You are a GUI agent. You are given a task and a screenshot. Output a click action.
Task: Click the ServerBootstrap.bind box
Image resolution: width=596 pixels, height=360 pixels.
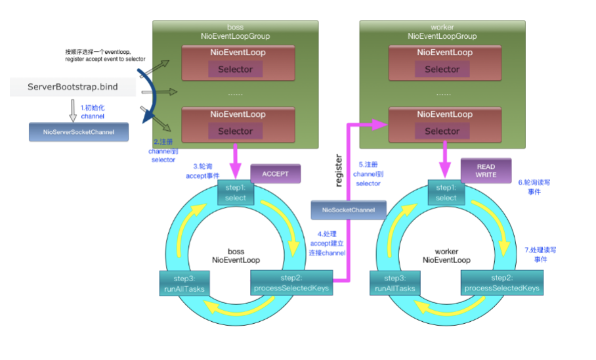pos(73,87)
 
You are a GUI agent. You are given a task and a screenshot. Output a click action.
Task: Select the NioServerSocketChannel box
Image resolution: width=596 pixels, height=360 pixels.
pos(79,132)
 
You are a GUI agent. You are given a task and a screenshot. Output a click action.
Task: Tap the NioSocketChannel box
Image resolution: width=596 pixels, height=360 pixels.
pos(349,210)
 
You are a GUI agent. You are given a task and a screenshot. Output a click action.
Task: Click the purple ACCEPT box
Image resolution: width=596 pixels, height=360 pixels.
pos(275,174)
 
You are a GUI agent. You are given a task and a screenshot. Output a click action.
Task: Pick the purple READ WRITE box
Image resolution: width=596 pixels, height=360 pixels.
pos(486,171)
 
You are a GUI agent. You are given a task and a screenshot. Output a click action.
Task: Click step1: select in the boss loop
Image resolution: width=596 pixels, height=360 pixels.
pos(235,193)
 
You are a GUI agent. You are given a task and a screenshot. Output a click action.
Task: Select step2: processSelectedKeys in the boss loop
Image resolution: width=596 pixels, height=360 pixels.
pos(291,283)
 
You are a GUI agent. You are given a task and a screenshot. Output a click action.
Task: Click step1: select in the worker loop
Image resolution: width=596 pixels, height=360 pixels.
pos(446,193)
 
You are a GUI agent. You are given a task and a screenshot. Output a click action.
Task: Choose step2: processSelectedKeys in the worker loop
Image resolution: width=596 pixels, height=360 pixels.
pos(502,283)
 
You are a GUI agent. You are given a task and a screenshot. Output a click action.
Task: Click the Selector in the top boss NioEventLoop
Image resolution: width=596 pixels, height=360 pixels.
pos(235,69)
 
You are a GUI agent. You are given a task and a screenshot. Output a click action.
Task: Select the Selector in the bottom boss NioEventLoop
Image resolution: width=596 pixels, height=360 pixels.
pos(235,131)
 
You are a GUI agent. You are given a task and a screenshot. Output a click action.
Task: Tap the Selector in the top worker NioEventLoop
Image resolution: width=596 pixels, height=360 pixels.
pos(442,69)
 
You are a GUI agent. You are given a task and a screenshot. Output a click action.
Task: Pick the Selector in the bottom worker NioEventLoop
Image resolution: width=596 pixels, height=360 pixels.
pos(442,131)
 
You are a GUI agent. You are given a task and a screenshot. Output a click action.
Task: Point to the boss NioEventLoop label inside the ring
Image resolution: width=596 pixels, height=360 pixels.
pos(236,256)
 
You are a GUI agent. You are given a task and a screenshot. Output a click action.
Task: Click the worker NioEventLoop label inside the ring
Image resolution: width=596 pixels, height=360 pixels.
pos(446,256)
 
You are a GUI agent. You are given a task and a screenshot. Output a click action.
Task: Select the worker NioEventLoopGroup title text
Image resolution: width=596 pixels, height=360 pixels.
pos(442,32)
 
